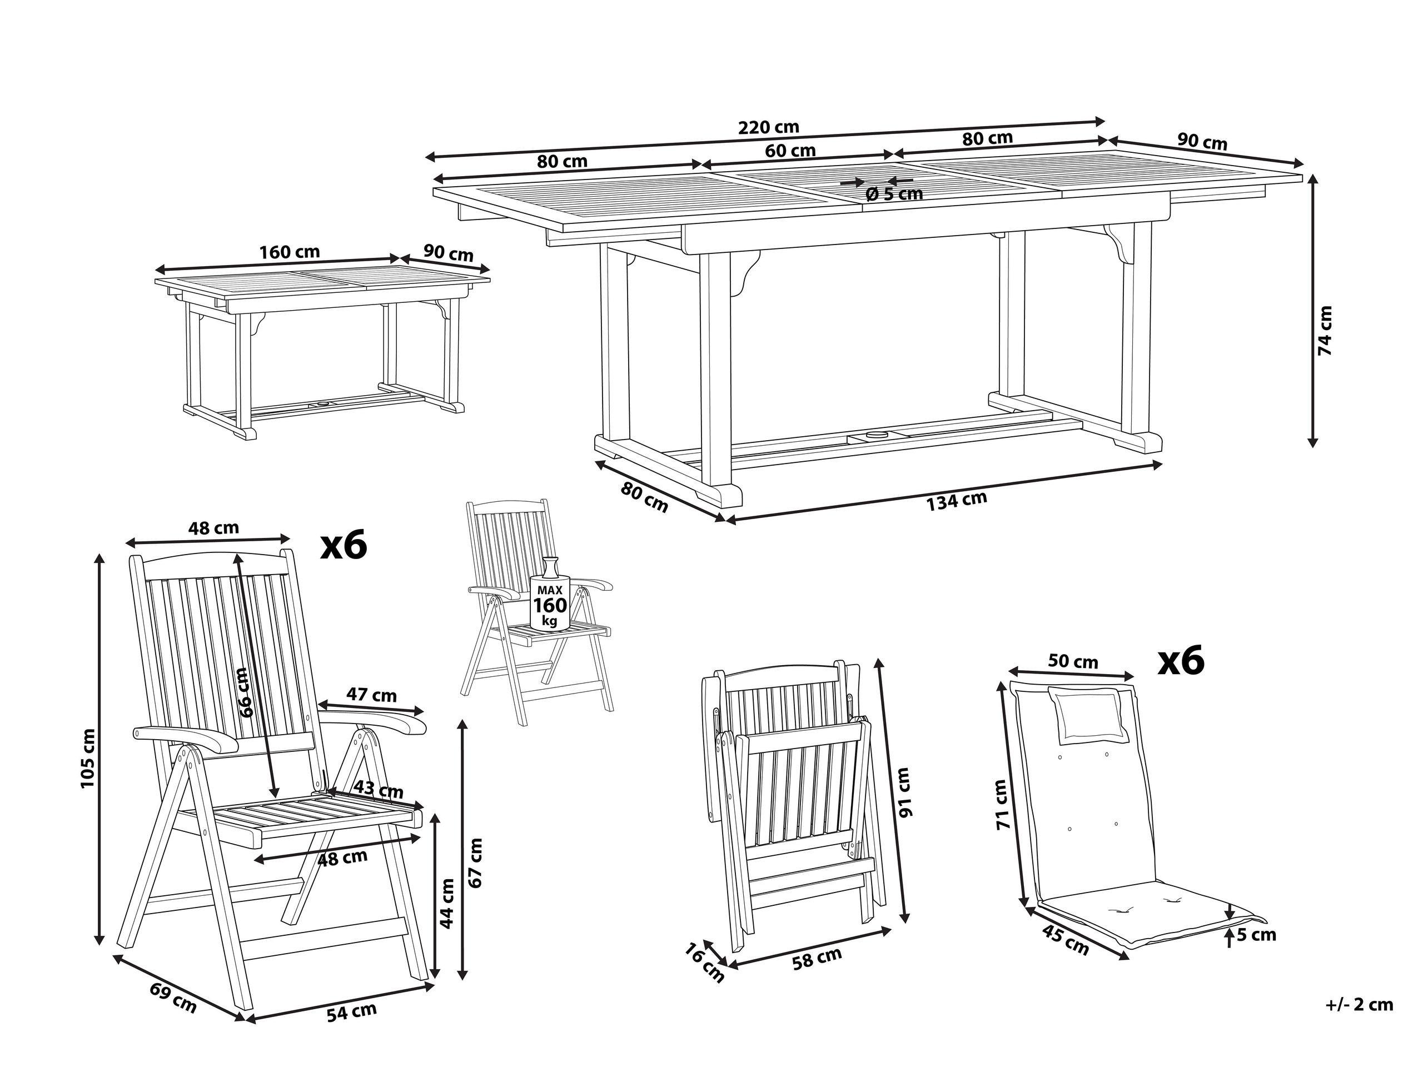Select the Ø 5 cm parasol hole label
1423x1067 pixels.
[894, 193]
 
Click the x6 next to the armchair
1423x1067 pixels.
[344, 545]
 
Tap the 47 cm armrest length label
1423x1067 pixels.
[372, 695]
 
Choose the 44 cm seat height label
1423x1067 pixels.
[447, 903]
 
